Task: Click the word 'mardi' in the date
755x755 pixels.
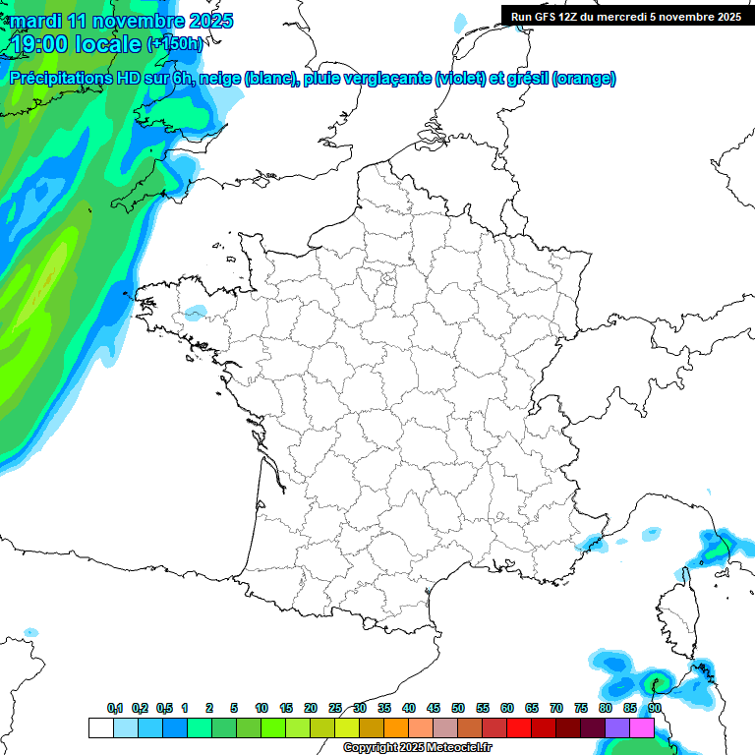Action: point(34,21)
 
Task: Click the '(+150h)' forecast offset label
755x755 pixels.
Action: point(176,44)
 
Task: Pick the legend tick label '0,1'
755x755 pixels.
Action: point(115,708)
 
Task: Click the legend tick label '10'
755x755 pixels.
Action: point(261,708)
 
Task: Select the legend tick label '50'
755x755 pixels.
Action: point(458,708)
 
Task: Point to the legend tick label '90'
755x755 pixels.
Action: point(655,708)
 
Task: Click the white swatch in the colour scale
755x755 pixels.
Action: point(100,727)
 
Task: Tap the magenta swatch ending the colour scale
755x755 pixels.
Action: point(642,727)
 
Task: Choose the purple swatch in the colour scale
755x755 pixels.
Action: point(617,727)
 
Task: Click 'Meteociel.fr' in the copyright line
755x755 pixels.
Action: point(459,748)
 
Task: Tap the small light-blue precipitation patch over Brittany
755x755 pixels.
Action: point(196,313)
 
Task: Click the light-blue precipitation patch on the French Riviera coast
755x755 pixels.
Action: point(591,541)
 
